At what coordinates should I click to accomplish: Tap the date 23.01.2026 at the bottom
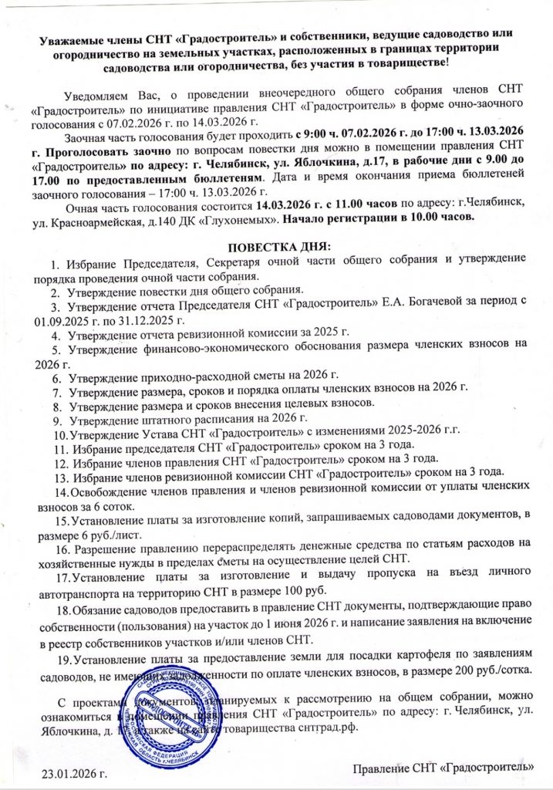[71, 771]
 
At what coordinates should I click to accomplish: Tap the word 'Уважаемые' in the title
[74, 35]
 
